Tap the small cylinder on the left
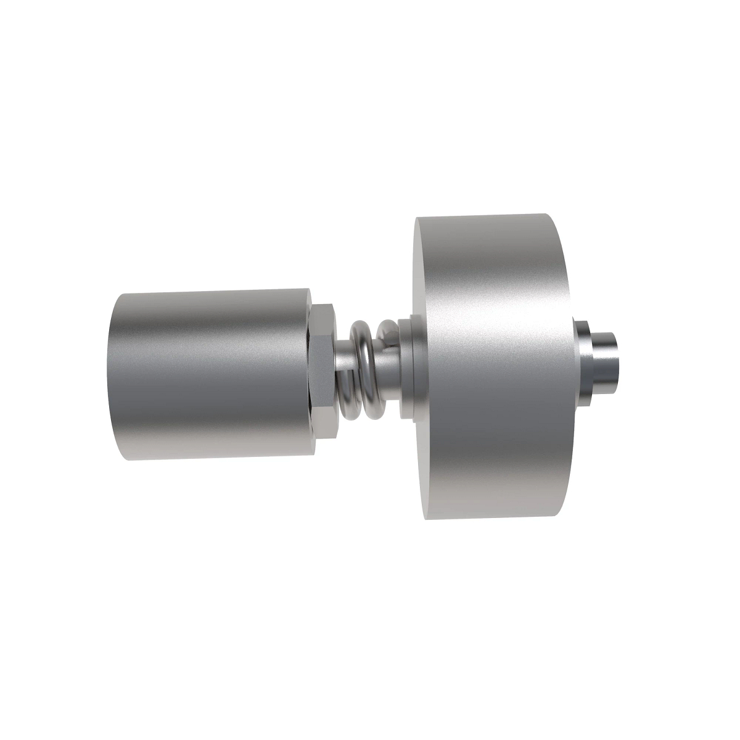[210, 376]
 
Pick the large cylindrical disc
[493, 370]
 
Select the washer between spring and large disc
[406, 368]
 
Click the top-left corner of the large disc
[417, 218]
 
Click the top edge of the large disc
[487, 216]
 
